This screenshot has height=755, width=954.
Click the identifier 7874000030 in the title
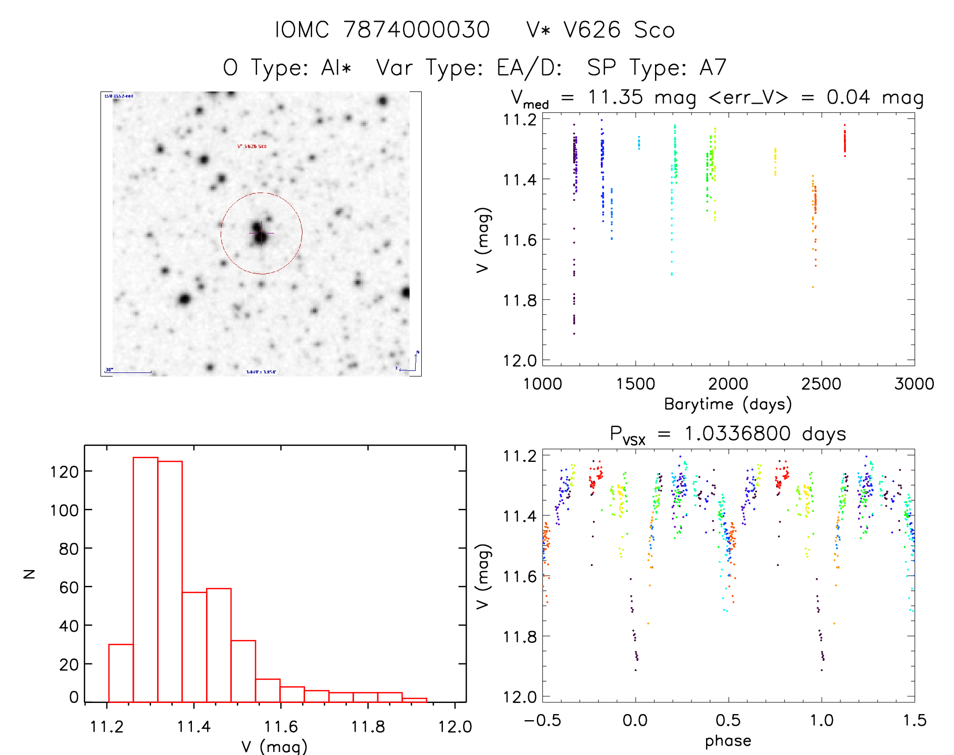416,30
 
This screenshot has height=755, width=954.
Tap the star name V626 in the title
592,30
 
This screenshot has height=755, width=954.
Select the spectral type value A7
713,68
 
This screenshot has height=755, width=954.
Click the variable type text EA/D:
529,68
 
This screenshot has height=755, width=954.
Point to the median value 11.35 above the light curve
615,97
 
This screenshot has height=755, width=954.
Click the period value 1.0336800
737,434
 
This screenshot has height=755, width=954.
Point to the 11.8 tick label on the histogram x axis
368,727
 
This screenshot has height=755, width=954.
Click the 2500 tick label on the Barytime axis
821,384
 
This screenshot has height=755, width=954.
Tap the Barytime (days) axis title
728,404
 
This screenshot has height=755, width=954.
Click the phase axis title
728,741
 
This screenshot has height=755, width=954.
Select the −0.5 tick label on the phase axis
542,720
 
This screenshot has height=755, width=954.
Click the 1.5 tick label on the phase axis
915,720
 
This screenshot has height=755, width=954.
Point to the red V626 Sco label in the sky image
252,146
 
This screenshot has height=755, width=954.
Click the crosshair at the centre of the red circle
261,233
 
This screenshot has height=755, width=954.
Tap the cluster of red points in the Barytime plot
844,141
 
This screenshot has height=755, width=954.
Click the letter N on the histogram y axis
30,574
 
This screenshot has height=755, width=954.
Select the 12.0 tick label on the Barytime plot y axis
520,360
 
